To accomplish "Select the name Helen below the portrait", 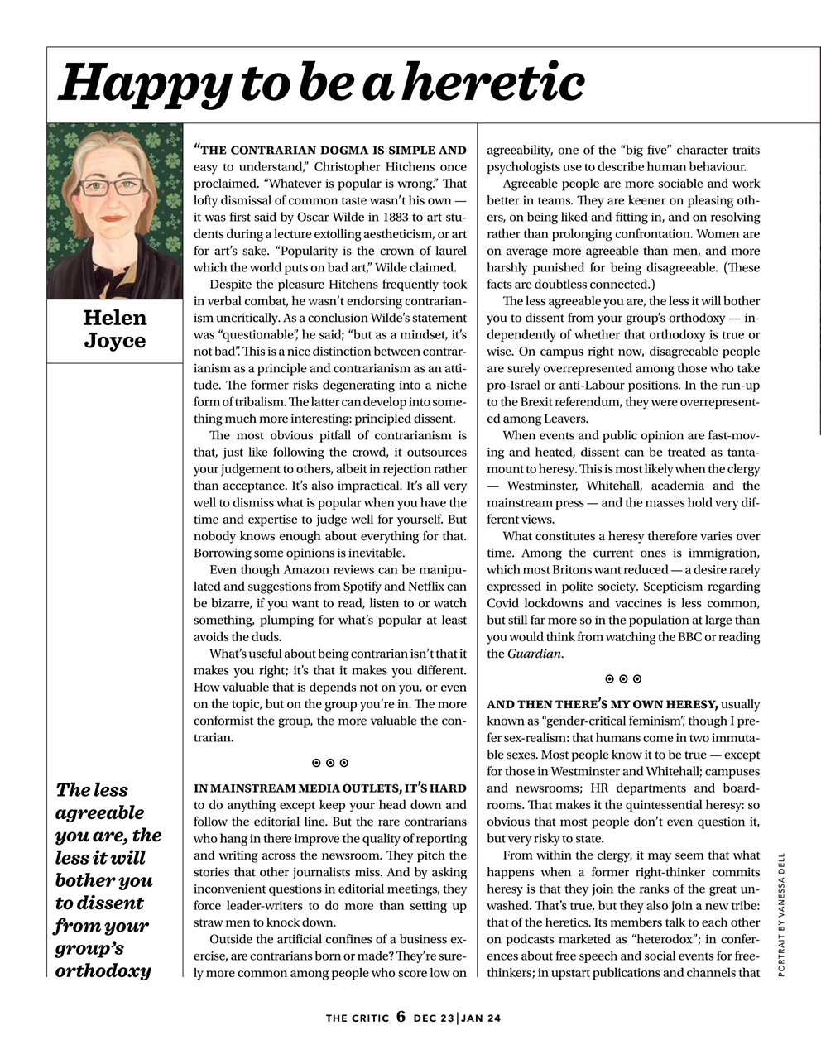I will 114,318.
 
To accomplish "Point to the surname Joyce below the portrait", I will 114,341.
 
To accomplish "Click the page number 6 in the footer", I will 401,1016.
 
